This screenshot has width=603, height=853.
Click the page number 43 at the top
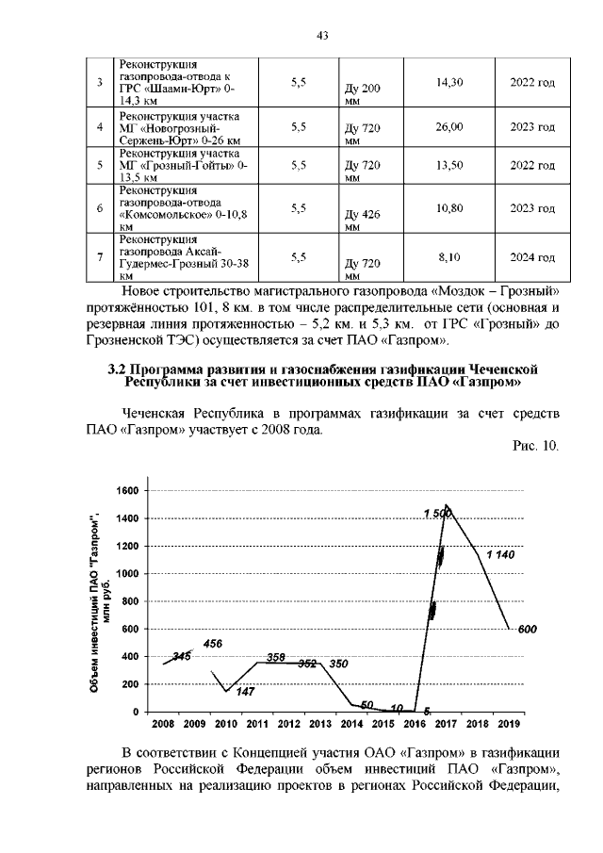coord(321,36)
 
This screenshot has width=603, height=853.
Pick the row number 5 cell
coord(99,165)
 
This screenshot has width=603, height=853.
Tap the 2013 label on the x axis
coord(319,724)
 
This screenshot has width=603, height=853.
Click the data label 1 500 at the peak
coord(437,513)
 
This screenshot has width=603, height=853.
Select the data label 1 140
coord(499,555)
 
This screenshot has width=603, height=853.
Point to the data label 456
coord(213,643)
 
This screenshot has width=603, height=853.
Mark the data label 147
coord(245,692)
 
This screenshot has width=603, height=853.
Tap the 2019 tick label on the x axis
coord(509,724)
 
